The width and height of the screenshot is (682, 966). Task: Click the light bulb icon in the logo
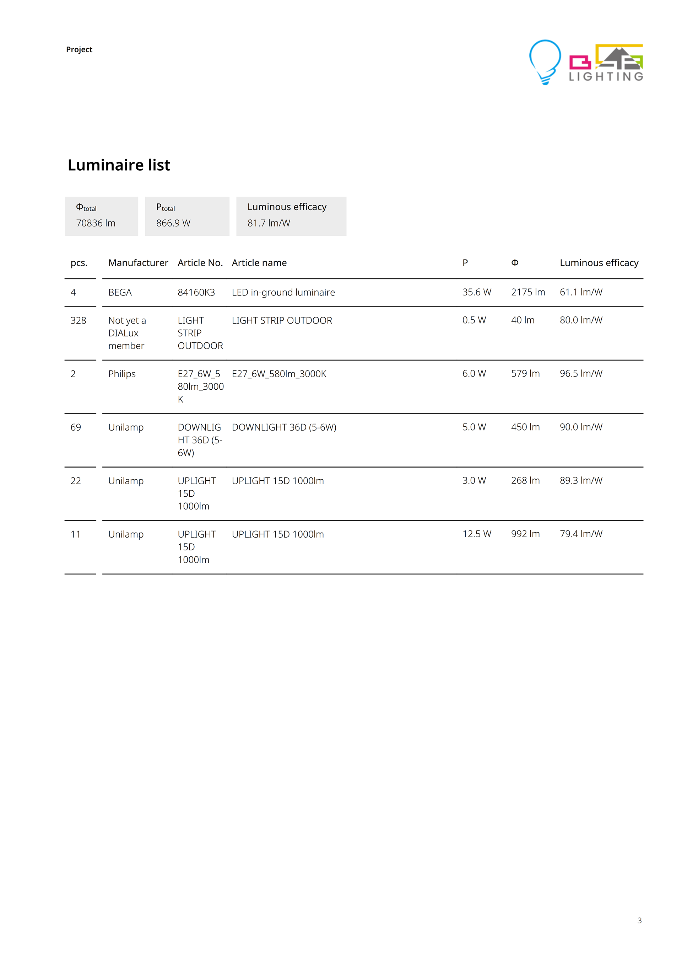(x=545, y=62)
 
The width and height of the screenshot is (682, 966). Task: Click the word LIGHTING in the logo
(x=606, y=76)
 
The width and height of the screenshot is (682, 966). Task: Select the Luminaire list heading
(x=119, y=165)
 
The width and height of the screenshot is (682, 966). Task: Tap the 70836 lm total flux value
(x=96, y=223)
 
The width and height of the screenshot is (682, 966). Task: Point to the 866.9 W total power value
(x=173, y=223)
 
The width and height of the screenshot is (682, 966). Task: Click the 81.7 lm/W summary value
(x=269, y=223)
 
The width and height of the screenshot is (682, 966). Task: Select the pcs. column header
(x=79, y=263)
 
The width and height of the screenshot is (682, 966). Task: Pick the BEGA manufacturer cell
(x=120, y=292)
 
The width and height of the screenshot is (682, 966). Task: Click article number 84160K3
(x=196, y=292)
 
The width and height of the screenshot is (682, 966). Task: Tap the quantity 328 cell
(x=78, y=320)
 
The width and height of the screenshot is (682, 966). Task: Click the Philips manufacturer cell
(x=122, y=374)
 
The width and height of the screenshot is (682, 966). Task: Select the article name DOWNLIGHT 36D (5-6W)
(x=284, y=427)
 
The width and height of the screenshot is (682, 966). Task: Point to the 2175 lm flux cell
(x=528, y=292)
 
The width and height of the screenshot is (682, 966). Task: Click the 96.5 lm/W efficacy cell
(x=581, y=373)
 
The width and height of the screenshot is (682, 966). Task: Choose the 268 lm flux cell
(x=525, y=480)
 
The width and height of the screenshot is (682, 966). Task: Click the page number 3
(x=639, y=920)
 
